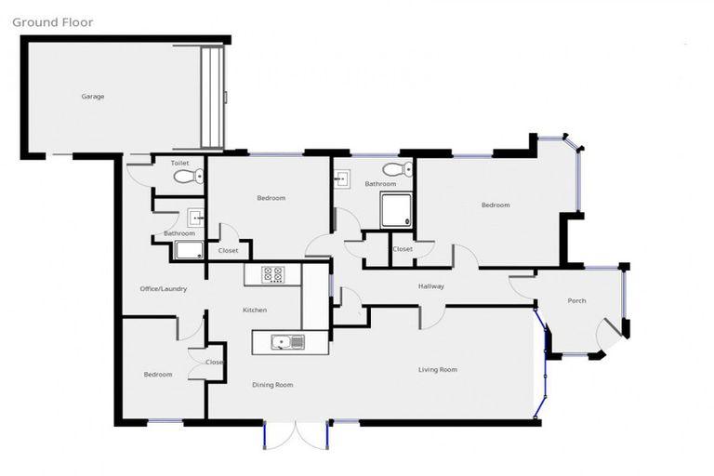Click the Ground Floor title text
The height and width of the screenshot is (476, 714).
coord(53,22)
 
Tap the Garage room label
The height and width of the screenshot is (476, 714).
coord(92,97)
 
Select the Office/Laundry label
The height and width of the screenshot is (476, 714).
coord(164,289)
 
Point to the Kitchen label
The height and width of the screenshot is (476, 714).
coord(255,310)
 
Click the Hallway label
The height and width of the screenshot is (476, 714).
coord(430,286)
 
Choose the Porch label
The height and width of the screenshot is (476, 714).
coord(576,300)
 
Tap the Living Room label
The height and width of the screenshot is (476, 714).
coord(437,370)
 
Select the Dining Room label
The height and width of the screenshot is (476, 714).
coord(273,385)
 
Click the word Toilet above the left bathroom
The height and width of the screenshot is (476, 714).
coord(179,163)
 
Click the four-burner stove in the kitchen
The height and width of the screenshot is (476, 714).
coord(274,274)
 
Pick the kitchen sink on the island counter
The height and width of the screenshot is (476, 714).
coord(287,342)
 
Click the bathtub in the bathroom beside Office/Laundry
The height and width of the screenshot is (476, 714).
coord(189,249)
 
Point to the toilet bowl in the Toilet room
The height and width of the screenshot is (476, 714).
coord(180,177)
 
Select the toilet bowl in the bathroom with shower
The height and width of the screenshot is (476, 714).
coord(396,169)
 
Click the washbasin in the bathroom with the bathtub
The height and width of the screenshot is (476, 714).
coord(196,218)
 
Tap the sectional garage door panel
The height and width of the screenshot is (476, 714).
coord(213,96)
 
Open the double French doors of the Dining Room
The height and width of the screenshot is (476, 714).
coord(295,435)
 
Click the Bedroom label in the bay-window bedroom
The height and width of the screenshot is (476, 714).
coord(495,205)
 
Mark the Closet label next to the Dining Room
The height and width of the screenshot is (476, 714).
coord(214,363)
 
